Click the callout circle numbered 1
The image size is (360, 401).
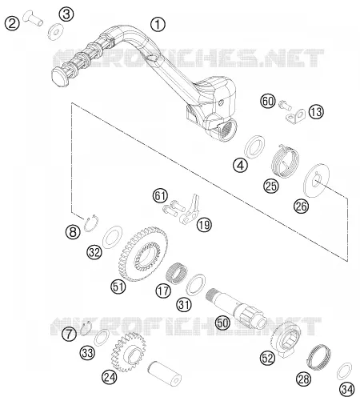click(158, 24)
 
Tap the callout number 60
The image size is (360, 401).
click(268, 101)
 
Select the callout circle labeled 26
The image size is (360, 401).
click(302, 207)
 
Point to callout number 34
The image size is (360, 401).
click(347, 390)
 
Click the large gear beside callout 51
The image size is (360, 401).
click(143, 254)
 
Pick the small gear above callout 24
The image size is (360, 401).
click(129, 352)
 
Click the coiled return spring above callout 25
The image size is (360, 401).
click(284, 161)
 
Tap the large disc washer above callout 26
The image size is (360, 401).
click(317, 181)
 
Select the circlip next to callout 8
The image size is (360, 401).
click(91, 223)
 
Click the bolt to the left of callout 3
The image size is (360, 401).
click(33, 18)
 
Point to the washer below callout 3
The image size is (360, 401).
click(55, 32)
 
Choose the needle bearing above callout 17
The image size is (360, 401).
click(176, 273)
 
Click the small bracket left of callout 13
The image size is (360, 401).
click(296, 116)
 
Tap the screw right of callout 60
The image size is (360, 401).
click(285, 105)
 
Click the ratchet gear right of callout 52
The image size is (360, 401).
click(285, 339)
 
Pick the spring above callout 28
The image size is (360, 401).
click(318, 357)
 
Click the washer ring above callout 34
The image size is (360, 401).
click(344, 371)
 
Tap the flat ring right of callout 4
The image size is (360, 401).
click(254, 146)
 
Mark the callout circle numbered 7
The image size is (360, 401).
click(69, 334)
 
